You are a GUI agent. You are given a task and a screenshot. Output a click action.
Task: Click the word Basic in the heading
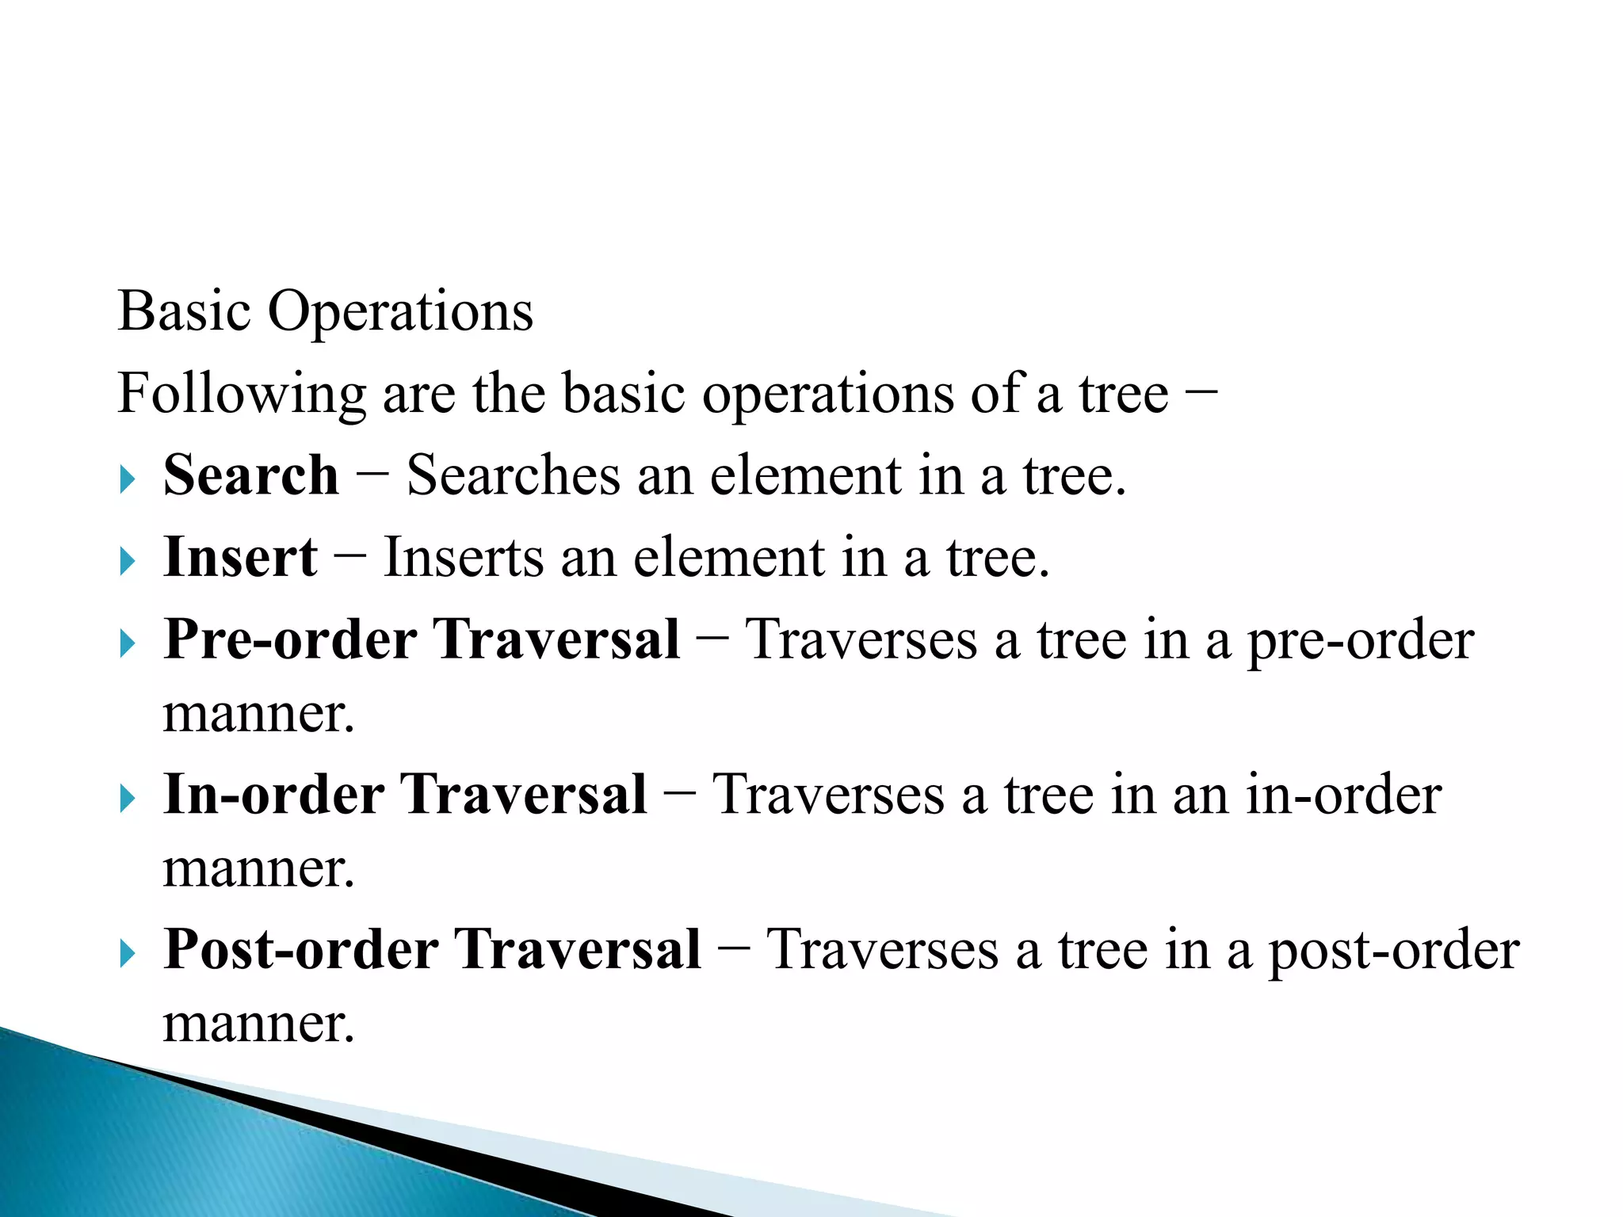(x=184, y=311)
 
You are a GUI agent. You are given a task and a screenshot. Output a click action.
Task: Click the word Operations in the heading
(x=400, y=312)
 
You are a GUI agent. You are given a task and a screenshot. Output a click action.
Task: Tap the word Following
(x=241, y=394)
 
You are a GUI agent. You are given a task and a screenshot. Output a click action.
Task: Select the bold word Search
(x=250, y=475)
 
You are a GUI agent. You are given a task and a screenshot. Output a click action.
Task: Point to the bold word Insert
(x=240, y=557)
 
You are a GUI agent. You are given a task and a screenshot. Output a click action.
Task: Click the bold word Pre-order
(x=290, y=639)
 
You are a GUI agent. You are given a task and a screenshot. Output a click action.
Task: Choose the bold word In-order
(x=273, y=795)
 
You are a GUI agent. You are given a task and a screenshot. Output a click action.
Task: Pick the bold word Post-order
(x=300, y=949)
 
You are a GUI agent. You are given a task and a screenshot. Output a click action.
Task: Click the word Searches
(x=513, y=475)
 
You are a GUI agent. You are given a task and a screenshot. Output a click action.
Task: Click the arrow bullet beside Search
(x=128, y=479)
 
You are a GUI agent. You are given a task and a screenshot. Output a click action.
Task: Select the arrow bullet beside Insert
(x=128, y=562)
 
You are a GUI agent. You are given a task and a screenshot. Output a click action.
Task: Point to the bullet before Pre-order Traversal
(x=128, y=643)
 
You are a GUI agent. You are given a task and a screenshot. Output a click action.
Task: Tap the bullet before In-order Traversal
(x=128, y=799)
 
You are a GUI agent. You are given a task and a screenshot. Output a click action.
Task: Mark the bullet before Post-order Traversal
(x=128, y=954)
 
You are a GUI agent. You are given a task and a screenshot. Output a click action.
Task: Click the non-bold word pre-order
(x=1360, y=641)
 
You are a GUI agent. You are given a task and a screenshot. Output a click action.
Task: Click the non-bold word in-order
(x=1343, y=795)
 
